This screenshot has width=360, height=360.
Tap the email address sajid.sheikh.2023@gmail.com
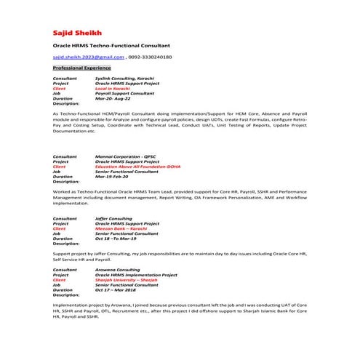click(x=87, y=56)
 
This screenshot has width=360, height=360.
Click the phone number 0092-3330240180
click(x=151, y=56)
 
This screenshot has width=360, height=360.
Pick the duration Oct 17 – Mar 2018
click(x=119, y=290)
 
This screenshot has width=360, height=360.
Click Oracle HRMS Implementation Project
click(x=136, y=275)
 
